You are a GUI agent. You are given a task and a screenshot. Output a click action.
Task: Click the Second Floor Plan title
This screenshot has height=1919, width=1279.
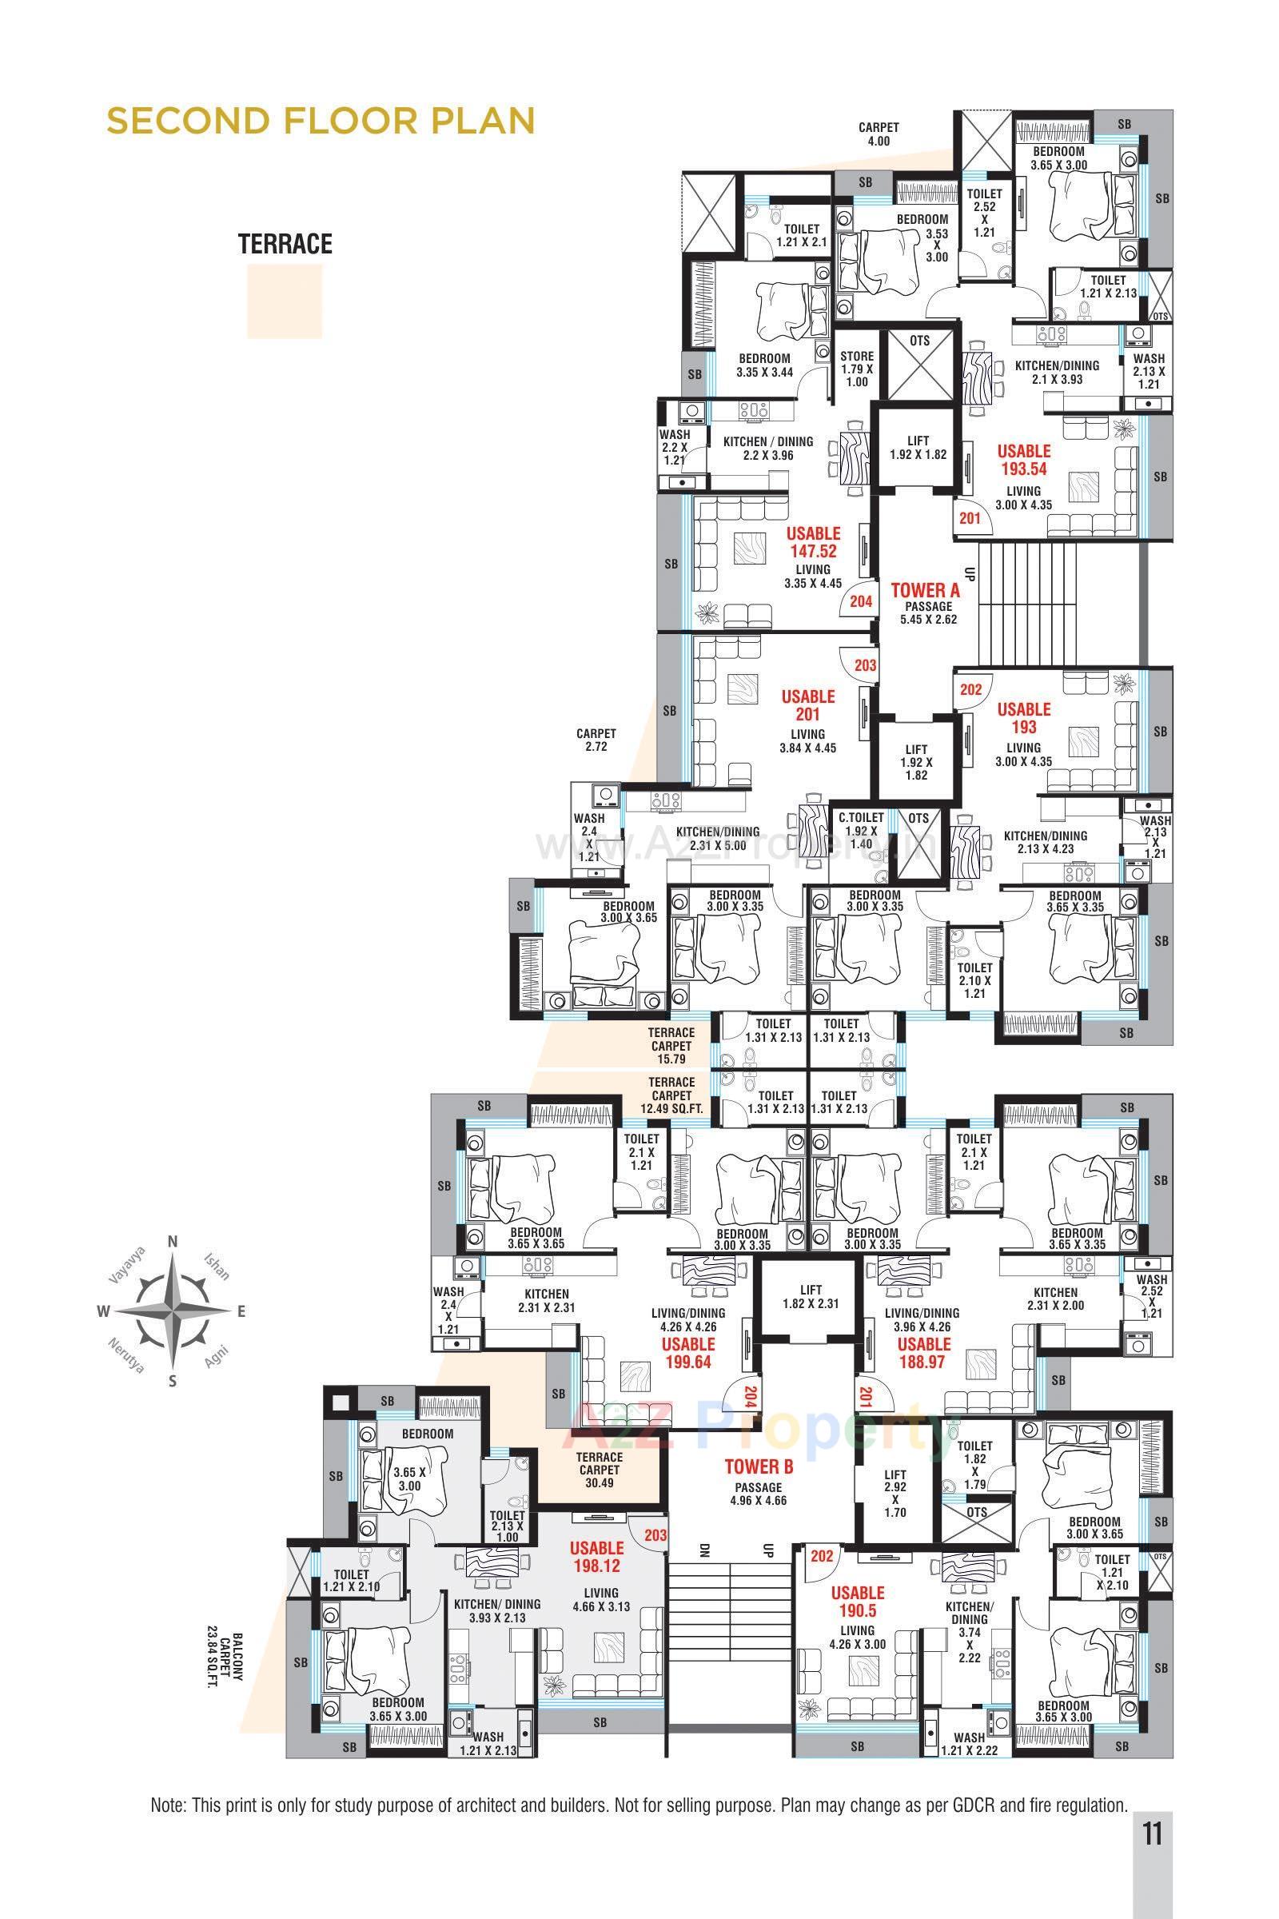point(321,121)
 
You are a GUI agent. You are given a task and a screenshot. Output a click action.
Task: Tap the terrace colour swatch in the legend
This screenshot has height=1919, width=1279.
point(285,301)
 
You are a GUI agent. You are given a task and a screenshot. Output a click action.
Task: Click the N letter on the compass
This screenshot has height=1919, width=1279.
point(173,1242)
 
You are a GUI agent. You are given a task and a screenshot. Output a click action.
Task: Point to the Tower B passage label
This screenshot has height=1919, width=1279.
point(759,1477)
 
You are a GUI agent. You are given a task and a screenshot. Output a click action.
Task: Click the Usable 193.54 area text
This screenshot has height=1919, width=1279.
point(1024,459)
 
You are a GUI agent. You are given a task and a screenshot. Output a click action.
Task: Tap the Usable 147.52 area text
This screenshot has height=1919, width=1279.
point(812,543)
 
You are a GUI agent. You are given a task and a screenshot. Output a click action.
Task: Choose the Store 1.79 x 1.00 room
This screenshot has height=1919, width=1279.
point(856,369)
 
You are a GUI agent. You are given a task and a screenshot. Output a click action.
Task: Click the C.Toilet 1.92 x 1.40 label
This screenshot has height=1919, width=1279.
point(862,830)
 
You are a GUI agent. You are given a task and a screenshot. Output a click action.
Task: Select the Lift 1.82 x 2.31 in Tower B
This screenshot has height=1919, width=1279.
point(811,1296)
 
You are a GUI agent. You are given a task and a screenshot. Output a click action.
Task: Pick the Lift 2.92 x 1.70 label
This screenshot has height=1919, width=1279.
point(895,1493)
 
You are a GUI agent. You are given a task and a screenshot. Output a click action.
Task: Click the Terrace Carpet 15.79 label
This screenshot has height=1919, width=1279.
point(671,1046)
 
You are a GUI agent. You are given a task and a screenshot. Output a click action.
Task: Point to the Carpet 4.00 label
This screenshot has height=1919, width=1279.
point(879,134)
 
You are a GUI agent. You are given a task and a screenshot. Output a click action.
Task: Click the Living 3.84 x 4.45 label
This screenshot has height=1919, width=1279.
point(807,740)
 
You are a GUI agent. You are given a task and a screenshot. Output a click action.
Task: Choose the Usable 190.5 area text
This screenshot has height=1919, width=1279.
point(857,1602)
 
